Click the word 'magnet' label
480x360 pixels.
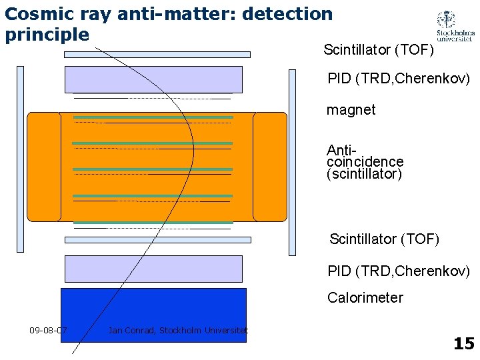[351, 110]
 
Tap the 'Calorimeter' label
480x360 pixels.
[365, 298]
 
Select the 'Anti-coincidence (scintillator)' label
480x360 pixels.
[365, 162]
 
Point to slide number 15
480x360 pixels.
[463, 343]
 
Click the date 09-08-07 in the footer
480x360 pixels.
[48, 330]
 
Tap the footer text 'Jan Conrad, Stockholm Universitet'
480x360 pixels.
[177, 330]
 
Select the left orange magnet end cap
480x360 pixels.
[43, 167]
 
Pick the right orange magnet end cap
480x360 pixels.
[270, 167]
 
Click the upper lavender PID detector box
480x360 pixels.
[153, 79]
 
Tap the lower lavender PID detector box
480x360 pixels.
[153, 269]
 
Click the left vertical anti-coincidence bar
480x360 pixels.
[20, 160]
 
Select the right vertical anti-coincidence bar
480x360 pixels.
[292, 162]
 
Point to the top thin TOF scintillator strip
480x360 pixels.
[157, 55]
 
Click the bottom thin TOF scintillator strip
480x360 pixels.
[157, 239]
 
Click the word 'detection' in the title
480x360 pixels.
[291, 13]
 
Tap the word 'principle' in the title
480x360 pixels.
[47, 34]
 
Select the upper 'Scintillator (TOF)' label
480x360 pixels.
[379, 50]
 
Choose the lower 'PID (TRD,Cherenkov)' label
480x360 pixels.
[399, 271]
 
